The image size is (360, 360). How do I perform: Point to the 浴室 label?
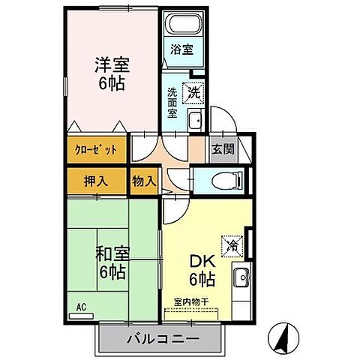[x=181, y=50]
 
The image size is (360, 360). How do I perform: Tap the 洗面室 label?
[x=172, y=103]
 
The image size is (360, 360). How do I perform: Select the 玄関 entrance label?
[x=222, y=148]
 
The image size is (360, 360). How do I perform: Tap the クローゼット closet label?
[x=95, y=148]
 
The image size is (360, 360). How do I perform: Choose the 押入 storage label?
[x=95, y=181]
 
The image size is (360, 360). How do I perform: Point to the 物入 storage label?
[x=143, y=181]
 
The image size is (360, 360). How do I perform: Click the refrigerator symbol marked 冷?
[x=232, y=244]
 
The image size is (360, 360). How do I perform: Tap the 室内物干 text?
[x=191, y=301]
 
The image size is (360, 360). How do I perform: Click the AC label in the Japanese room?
[x=81, y=306]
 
